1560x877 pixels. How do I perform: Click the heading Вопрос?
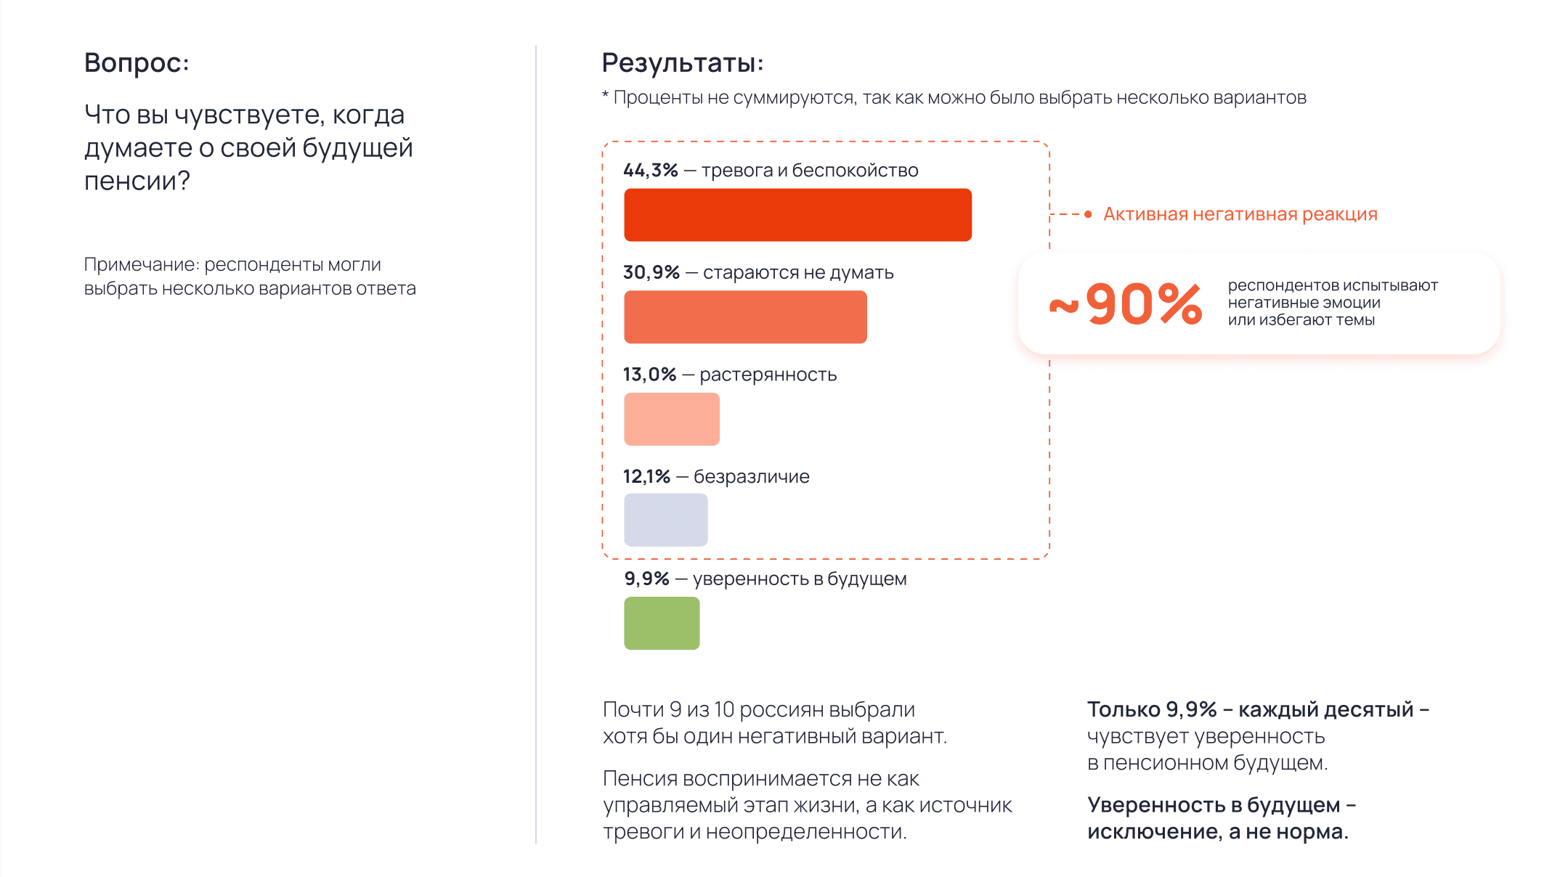[x=137, y=63]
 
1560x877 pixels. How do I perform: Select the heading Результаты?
[x=682, y=63]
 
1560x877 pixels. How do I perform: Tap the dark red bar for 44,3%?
[x=797, y=215]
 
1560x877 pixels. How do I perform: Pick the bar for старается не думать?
[x=745, y=317]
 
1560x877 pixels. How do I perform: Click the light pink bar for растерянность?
[x=672, y=419]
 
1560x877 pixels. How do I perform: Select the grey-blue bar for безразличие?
[x=665, y=520]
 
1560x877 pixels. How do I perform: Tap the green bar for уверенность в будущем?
[x=662, y=623]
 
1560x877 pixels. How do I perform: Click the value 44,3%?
[x=650, y=171]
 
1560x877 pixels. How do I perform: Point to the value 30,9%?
[x=651, y=273]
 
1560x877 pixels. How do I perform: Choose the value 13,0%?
[x=649, y=375]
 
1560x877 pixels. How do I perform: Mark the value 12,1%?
[x=646, y=477]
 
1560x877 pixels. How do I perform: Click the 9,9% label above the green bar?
[x=646, y=579]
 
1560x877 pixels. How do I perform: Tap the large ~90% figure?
[x=1126, y=304]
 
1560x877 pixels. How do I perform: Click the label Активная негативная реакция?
[x=1240, y=214]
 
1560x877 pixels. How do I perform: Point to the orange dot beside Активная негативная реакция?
[x=1088, y=214]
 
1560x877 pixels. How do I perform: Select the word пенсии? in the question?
[x=137, y=181]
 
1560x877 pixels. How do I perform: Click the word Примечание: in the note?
[x=142, y=265]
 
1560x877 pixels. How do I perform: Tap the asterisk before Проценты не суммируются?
[x=605, y=96]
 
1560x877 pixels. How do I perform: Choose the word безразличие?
[x=751, y=477]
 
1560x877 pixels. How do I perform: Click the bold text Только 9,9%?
[x=1151, y=709]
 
